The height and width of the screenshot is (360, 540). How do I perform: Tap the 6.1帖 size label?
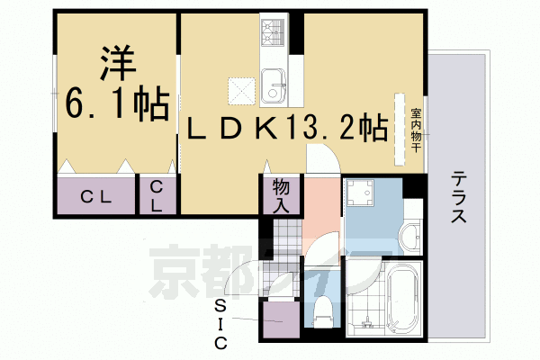click(115, 106)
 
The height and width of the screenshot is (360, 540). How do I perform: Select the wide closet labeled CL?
click(95, 197)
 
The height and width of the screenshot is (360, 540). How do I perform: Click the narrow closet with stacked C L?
click(157, 195)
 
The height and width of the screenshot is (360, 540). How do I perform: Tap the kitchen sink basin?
click(275, 91)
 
